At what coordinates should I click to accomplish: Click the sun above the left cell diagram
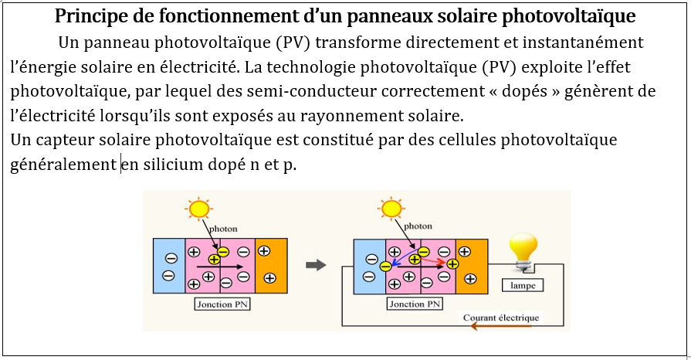pyautogui.click(x=199, y=209)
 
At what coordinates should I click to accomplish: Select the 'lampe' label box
pyautogui.click(x=523, y=285)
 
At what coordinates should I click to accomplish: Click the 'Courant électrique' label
pyautogui.click(x=501, y=318)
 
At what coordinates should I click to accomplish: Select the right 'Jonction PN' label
pyautogui.click(x=417, y=304)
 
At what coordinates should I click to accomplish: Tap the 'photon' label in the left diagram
pyautogui.click(x=223, y=229)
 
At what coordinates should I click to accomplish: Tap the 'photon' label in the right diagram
pyautogui.click(x=418, y=226)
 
